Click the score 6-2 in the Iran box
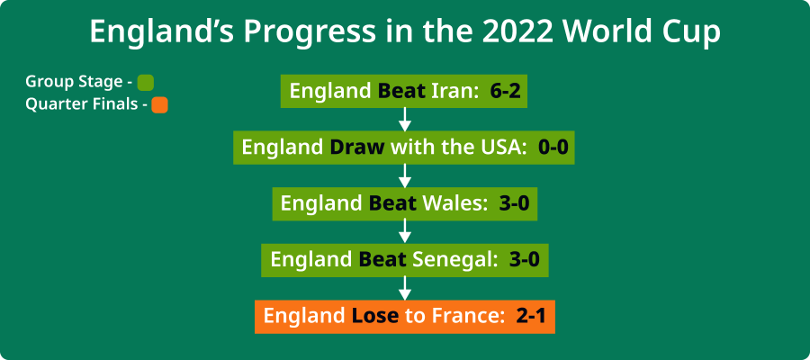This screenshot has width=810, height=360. pos(506,92)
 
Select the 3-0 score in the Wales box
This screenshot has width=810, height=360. pos(513,204)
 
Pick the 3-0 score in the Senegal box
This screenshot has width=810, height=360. pos(524,260)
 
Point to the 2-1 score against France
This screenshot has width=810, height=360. pos(531,317)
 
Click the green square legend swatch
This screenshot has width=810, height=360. pos(146,82)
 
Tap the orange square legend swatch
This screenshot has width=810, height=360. pos(159,104)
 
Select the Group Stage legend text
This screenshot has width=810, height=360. pos(74,82)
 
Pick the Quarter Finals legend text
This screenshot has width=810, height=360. pos(81,104)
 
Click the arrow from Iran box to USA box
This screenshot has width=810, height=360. pos(405,119)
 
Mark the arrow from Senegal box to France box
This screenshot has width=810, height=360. pos(405,288)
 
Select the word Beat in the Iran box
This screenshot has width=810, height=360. pos(401,92)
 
